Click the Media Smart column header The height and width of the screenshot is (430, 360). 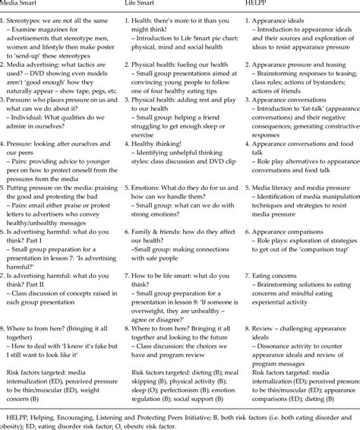click(19, 4)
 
